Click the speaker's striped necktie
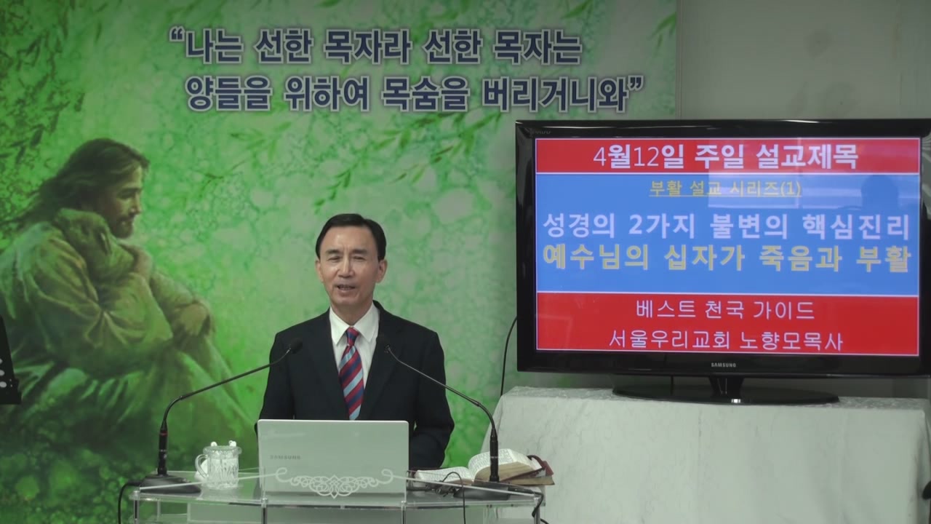point(351,372)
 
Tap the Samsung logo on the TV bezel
point(723,365)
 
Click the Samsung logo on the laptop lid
point(286,457)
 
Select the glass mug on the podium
point(218,465)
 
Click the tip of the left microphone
point(296,346)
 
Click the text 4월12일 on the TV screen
point(639,157)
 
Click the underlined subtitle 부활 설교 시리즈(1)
point(725,189)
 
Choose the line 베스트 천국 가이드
point(725,310)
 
